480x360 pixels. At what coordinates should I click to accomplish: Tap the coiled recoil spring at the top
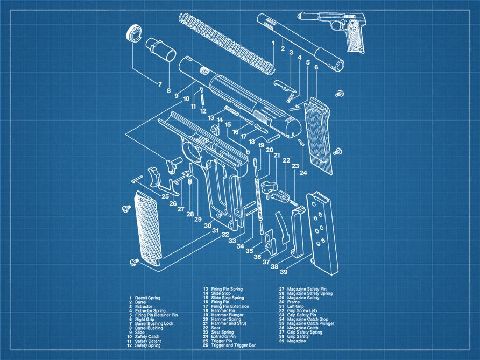[x=227, y=41]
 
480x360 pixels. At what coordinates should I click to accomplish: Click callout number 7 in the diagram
[x=160, y=84]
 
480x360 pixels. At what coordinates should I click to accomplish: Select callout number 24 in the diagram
[x=303, y=173]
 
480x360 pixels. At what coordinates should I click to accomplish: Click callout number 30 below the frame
[x=207, y=226]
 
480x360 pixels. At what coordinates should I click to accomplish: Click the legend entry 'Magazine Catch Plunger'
[x=310, y=323]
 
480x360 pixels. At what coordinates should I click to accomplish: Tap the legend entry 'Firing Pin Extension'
[x=230, y=306]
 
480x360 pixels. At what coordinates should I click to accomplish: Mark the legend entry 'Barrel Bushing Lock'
[x=154, y=323]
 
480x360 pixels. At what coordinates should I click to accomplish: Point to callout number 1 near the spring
[x=273, y=43]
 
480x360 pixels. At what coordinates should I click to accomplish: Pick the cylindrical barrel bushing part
[x=160, y=50]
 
